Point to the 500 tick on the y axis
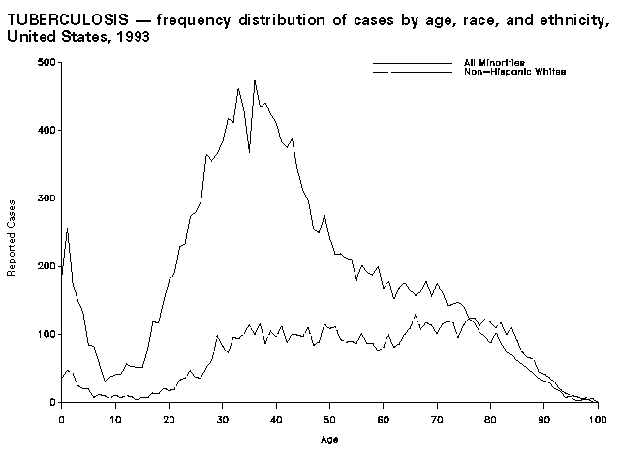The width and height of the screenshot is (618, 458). (x=45, y=62)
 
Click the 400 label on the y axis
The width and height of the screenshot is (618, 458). (x=45, y=130)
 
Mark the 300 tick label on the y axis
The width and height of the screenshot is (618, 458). (x=45, y=198)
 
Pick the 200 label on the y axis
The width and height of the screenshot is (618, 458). (x=45, y=266)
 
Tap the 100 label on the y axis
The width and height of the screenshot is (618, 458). (x=45, y=334)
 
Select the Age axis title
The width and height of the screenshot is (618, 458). (x=329, y=439)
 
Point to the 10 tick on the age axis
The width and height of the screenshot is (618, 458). (x=115, y=419)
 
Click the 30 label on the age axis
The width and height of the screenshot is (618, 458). (x=222, y=419)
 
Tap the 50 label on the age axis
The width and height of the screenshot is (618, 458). (x=329, y=419)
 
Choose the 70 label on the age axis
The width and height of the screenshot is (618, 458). (x=437, y=419)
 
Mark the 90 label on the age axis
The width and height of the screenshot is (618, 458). (x=544, y=419)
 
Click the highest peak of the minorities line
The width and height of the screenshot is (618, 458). (x=254, y=80)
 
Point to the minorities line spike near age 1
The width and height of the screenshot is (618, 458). (x=67, y=229)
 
